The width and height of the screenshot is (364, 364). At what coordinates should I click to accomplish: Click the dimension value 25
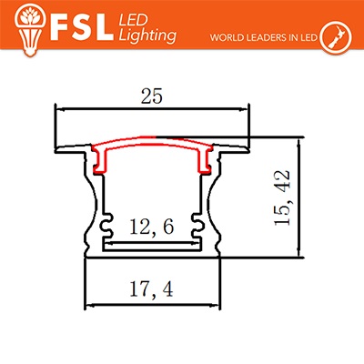tap(152, 96)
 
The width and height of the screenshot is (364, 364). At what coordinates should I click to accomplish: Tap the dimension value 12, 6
tap(152, 227)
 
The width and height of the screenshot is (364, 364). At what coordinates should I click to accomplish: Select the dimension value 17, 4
tap(151, 289)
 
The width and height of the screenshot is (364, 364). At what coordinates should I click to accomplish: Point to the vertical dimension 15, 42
tap(282, 197)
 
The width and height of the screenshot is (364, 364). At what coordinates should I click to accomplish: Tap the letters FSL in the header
tap(80, 27)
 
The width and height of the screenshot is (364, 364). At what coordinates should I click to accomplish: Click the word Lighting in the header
tap(147, 35)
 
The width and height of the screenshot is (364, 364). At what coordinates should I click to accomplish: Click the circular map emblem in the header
tap(336, 35)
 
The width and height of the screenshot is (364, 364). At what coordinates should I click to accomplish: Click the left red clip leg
tap(100, 161)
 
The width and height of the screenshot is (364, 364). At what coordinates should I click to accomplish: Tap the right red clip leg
tap(204, 161)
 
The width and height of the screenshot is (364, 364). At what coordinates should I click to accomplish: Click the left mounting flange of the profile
tap(70, 149)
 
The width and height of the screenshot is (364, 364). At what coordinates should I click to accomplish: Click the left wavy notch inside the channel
tap(106, 226)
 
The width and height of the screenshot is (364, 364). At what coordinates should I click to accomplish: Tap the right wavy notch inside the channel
tap(197, 226)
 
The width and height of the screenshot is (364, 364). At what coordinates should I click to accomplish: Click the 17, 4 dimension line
tap(152, 306)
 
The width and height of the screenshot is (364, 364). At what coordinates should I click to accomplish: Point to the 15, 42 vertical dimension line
tap(299, 197)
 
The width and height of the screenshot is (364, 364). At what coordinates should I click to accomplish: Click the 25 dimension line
tap(152, 109)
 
